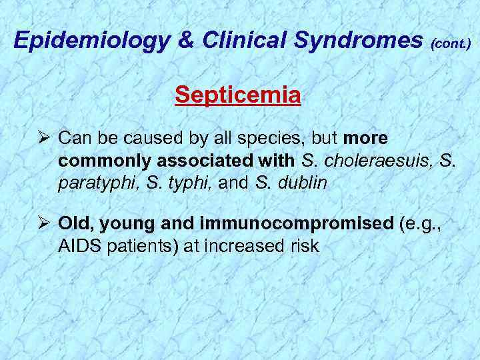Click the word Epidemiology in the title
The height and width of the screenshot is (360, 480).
click(x=89, y=41)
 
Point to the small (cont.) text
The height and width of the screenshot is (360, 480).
click(x=451, y=44)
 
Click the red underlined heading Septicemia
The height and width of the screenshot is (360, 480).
click(x=238, y=96)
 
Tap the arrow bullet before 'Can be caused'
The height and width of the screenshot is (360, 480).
click(x=44, y=139)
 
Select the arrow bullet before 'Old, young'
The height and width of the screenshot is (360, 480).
click(x=44, y=223)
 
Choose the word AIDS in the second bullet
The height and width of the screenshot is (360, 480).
click(x=79, y=246)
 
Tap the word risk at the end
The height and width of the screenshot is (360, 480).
click(x=303, y=246)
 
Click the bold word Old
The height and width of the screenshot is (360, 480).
click(x=74, y=223)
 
